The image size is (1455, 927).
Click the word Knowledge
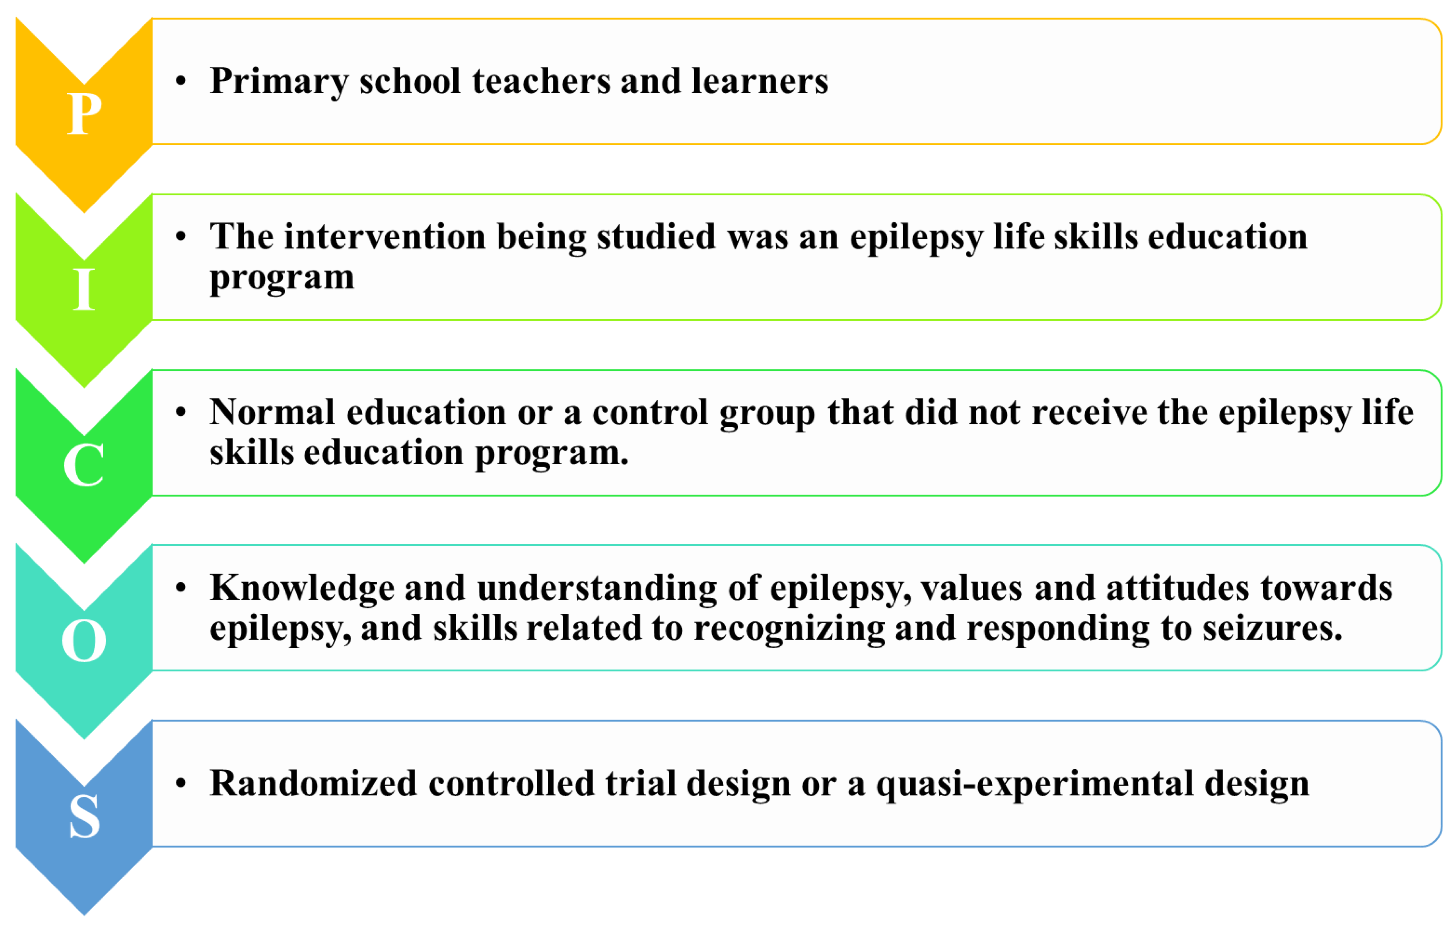click(x=302, y=589)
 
